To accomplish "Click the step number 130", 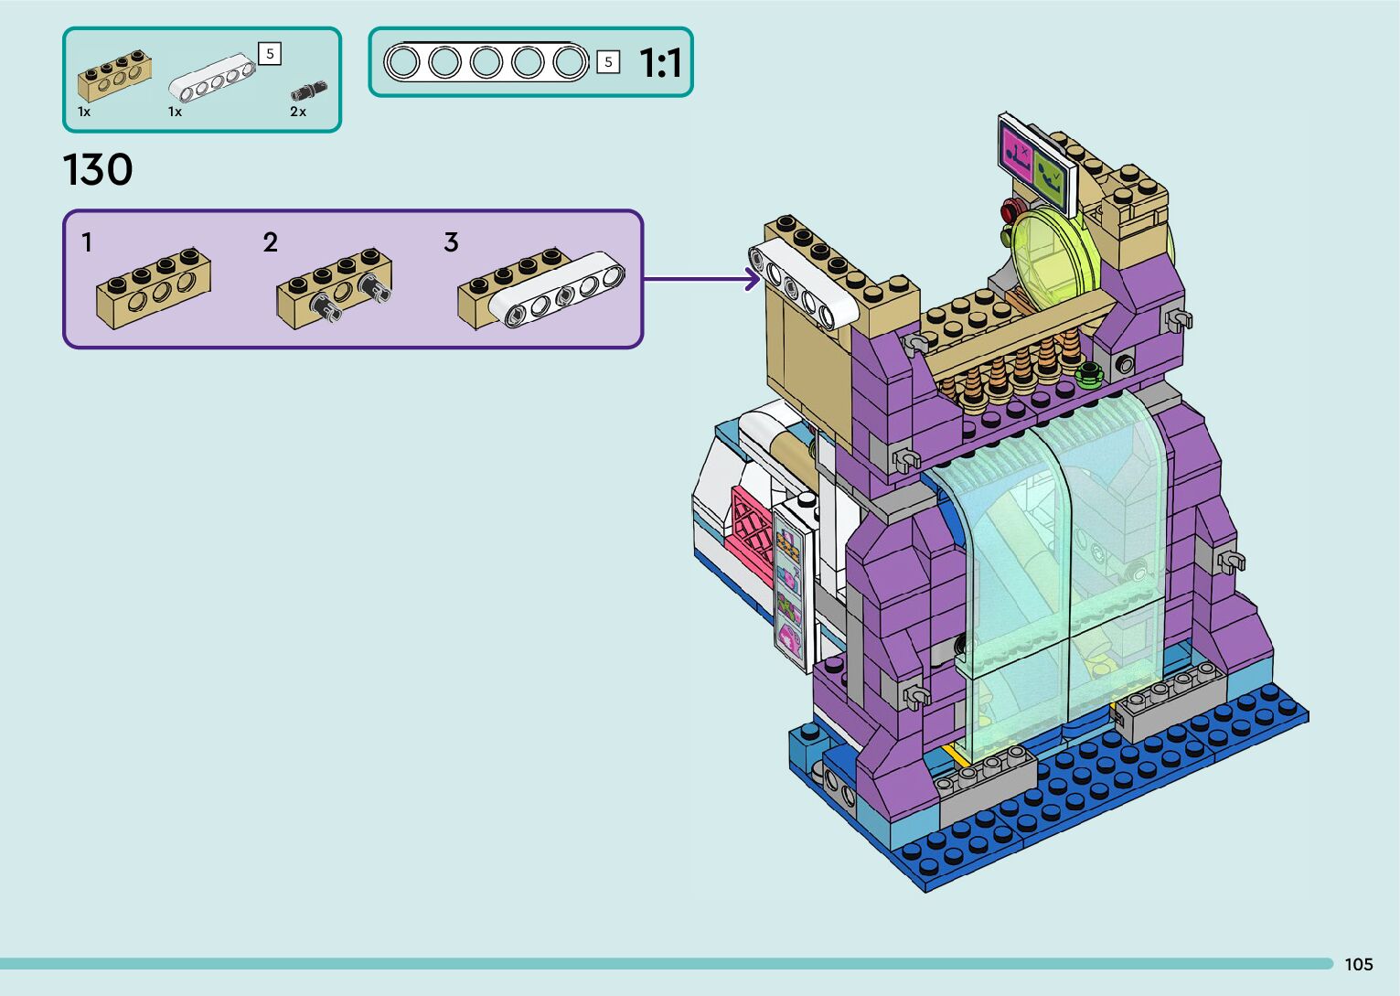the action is [98, 169].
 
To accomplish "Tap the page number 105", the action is [1359, 964].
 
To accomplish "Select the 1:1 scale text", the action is [660, 63].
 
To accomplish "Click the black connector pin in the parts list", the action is [309, 91].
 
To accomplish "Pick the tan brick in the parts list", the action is [114, 76].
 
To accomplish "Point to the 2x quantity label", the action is [297, 112].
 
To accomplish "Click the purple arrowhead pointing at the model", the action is [753, 279].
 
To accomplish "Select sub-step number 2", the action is [270, 242].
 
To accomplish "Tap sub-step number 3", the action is [451, 242].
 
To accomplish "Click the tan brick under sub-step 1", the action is [154, 288].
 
